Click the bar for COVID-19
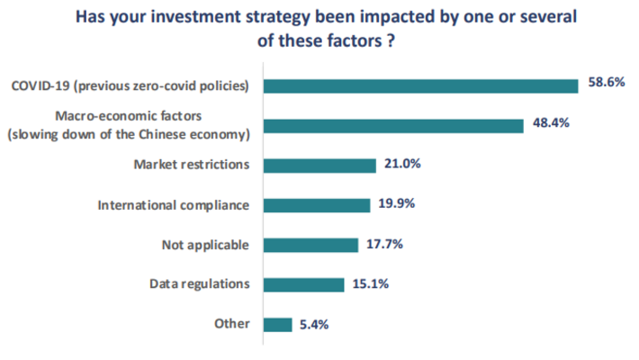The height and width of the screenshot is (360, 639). pyautogui.click(x=420, y=85)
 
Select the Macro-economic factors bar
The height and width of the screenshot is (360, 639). pyautogui.click(x=392, y=125)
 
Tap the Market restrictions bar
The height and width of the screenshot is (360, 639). pyautogui.click(x=319, y=165)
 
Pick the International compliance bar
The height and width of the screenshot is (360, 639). pyautogui.click(x=316, y=205)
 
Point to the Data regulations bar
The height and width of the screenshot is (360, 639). pyautogui.click(x=303, y=284)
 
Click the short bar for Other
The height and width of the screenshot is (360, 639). pyautogui.click(x=277, y=324)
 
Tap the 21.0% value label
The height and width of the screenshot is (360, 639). pyautogui.click(x=402, y=165)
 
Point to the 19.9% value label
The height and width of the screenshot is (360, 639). pyautogui.click(x=397, y=205)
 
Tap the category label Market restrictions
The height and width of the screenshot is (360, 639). pyautogui.click(x=191, y=165)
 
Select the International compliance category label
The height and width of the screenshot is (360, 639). pyautogui.click(x=173, y=205)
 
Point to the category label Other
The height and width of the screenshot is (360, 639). pyautogui.click(x=232, y=324)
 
